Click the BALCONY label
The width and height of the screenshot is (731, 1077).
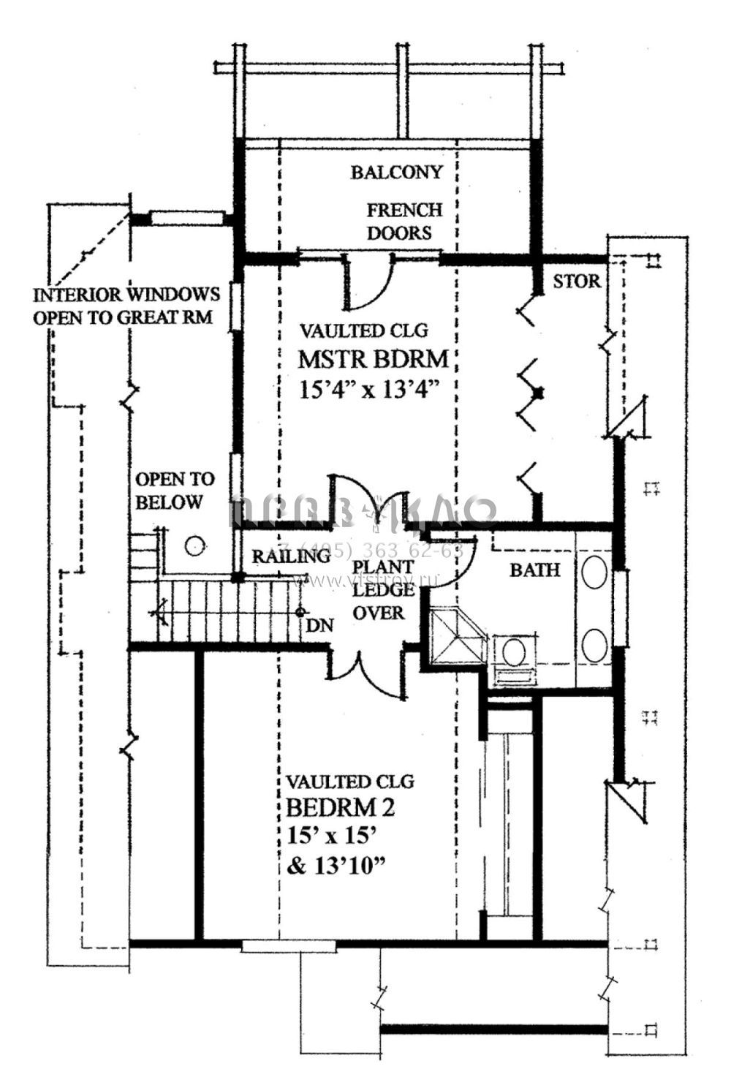pos(396,172)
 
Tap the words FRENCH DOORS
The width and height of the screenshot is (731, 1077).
pos(404,222)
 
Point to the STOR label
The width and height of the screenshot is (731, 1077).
pos(577,281)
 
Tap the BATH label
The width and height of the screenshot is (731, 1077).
pos(534,570)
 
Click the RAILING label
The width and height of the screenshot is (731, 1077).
pos(291,556)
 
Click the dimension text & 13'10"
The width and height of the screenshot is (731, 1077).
pos(336,866)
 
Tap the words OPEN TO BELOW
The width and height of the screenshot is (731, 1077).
pos(175,491)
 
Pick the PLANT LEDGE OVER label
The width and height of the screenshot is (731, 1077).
pos(382,589)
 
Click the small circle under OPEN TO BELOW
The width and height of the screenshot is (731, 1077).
pos(194,545)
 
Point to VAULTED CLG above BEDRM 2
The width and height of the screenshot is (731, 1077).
pos(350,781)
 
